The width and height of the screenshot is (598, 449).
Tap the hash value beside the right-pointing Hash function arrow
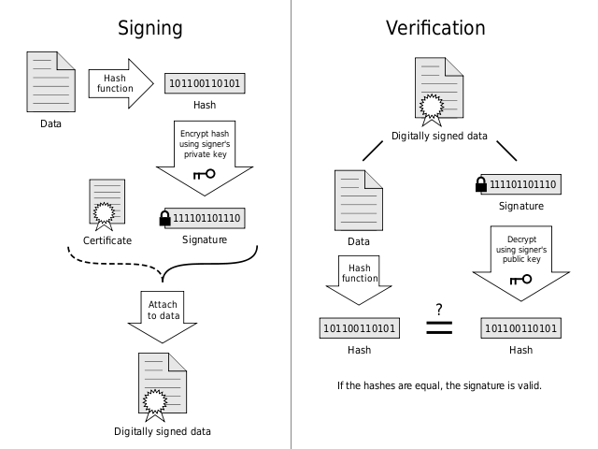205,83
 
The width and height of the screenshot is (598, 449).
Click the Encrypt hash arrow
205,155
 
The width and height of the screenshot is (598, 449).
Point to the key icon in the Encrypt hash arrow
204,174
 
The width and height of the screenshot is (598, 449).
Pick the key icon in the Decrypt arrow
520,279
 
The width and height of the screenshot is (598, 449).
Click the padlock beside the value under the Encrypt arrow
165,216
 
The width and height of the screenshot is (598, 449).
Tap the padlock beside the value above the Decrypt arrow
482,181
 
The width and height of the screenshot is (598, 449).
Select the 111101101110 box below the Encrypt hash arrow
206,218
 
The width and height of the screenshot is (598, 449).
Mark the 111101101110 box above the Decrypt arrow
523,184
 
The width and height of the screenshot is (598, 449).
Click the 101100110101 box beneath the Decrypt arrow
521,328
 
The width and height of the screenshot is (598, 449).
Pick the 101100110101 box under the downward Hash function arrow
360,328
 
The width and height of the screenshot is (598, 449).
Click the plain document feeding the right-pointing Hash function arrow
50,81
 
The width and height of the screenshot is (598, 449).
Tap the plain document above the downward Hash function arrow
359,200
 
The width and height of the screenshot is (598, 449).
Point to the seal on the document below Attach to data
154,402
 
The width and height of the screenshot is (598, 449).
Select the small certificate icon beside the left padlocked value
106,203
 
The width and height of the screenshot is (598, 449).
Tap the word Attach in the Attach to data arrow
164,304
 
